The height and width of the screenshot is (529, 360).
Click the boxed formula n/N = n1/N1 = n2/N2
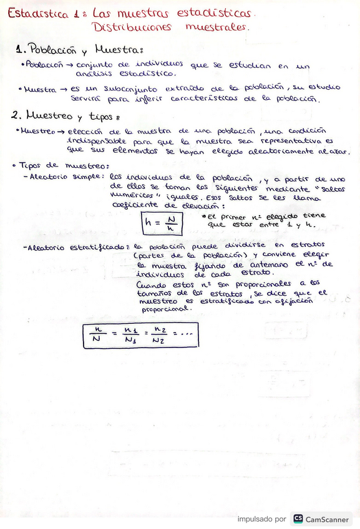click(140, 335)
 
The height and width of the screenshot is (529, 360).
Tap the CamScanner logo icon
click(298, 518)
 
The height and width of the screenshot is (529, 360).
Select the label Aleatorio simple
click(67, 177)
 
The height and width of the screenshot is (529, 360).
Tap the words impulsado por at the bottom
click(261, 519)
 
